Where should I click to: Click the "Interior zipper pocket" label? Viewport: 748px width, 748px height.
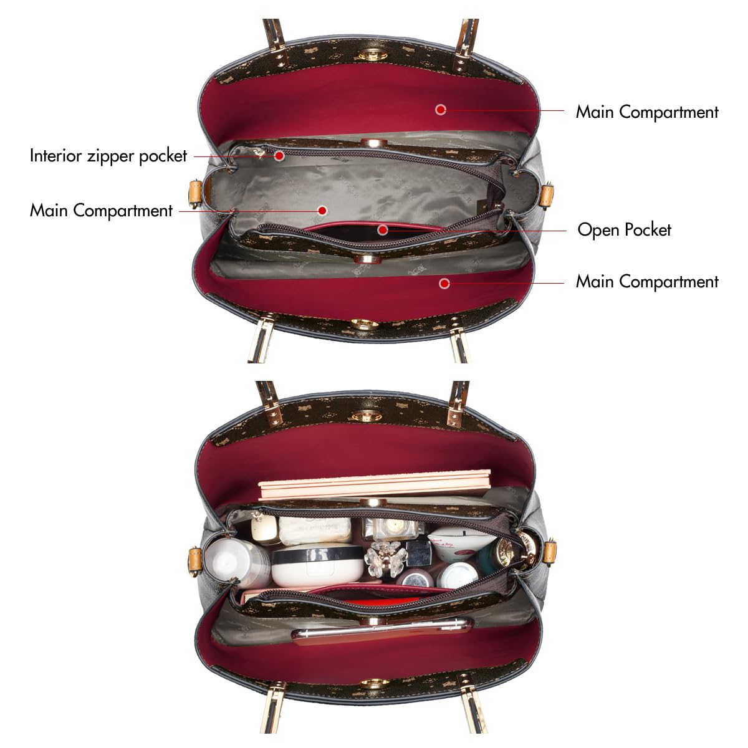[x=108, y=156]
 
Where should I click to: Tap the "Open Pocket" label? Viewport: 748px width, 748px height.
[x=624, y=230]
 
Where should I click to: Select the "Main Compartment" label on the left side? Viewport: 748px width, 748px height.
[x=102, y=211]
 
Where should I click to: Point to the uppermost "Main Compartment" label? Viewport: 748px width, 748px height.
[x=647, y=112]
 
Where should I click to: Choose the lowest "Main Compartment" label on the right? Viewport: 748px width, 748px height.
[x=647, y=282]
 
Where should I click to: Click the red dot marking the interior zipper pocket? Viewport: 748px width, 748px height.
[x=279, y=156]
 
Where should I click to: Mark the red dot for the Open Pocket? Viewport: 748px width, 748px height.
[x=383, y=230]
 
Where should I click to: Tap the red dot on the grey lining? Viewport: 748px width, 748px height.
[x=322, y=211]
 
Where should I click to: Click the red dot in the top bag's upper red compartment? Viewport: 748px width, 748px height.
[x=441, y=110]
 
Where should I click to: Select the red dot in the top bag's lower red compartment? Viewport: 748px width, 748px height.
[x=444, y=284]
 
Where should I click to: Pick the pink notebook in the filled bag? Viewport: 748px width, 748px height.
[x=375, y=484]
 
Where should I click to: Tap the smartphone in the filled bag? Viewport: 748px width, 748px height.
[x=382, y=632]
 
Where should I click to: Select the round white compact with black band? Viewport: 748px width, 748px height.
[x=317, y=564]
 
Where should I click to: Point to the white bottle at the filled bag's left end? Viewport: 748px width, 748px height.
[x=237, y=562]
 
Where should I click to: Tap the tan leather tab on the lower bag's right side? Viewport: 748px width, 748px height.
[x=550, y=552]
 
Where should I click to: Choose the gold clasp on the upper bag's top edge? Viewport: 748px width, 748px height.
[x=373, y=55]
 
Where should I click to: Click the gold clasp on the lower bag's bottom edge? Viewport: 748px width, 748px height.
[x=375, y=684]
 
